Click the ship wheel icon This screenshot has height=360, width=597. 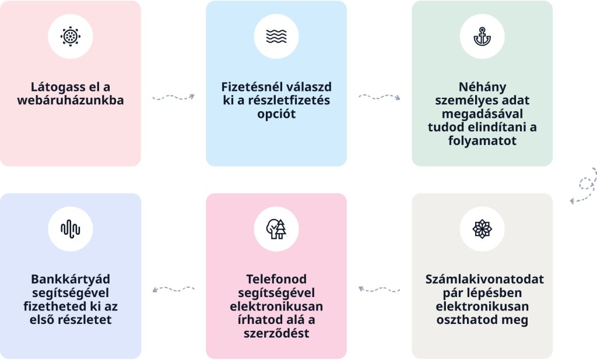pos(70,36)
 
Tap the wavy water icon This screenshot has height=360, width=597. pos(276,36)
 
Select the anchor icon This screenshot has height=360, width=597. pos(482,36)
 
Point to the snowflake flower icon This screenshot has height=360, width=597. pos(482,229)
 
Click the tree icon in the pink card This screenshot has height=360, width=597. pos(276,229)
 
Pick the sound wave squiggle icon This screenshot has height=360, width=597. pos(70,229)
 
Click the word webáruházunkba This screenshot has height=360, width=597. pos(70,100)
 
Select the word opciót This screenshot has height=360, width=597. pos(276,114)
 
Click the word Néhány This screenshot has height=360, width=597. pos(482,87)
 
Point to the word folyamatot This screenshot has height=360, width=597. pos(482,140)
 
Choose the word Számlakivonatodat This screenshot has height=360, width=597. pos(484,279)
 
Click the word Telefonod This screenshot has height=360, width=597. pos(276,279)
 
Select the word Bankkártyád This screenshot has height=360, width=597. pos(70,279)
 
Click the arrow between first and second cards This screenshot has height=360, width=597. pos(173,97)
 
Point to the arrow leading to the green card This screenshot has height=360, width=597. pos(379,97)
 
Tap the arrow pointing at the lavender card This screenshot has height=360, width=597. pos(173,288)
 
